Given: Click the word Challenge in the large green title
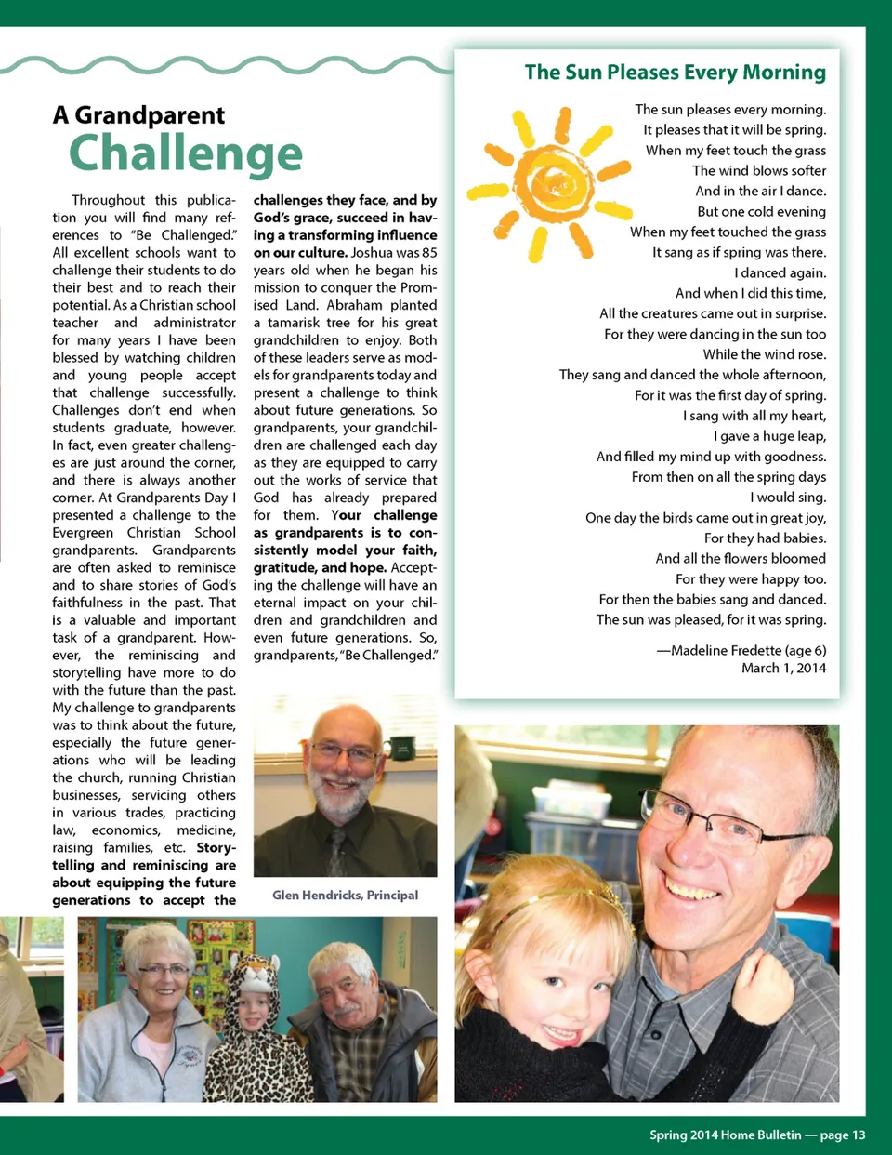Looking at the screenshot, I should [x=186, y=153].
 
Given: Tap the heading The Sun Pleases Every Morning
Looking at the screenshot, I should [x=675, y=73].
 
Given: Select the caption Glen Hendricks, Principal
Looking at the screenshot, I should [x=345, y=895].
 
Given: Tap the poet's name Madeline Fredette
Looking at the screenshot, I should [x=733, y=650].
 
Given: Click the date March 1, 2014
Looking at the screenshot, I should [x=783, y=668].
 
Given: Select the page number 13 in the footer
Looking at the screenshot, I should [x=858, y=1135].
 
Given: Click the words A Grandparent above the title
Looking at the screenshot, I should [x=138, y=115].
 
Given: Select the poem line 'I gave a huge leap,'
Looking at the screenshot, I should [x=769, y=436].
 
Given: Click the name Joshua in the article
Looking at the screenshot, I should [x=372, y=253].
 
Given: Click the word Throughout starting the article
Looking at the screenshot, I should [x=109, y=200].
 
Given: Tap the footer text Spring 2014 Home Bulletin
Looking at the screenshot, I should [x=725, y=1135].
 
